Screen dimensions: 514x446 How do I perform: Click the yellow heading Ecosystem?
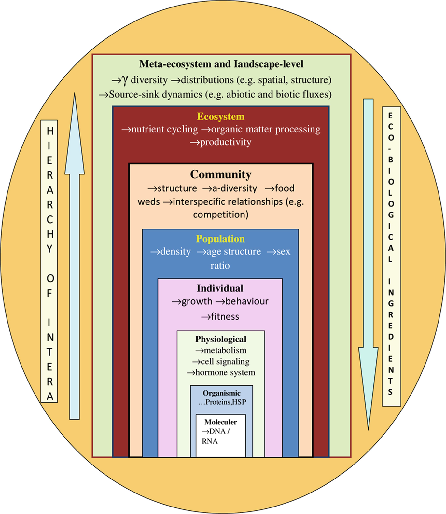[220, 117]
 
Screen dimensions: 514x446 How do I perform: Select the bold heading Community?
[220, 174]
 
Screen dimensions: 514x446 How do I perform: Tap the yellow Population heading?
[220, 239]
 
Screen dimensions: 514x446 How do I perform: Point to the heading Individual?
[220, 288]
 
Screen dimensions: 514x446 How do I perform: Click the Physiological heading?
[221, 339]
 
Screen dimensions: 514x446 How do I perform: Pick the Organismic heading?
[221, 393]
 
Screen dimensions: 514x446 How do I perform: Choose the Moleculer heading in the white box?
[220, 422]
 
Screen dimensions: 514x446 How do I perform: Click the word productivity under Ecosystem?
[225, 142]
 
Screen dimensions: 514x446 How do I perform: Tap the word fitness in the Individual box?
[225, 316]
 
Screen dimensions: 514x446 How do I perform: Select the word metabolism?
[225, 350]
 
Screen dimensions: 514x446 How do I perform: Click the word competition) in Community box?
[221, 215]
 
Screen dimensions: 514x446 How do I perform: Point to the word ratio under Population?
[220, 266]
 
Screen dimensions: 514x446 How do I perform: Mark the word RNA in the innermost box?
[210, 441]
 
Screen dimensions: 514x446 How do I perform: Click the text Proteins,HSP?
[226, 402]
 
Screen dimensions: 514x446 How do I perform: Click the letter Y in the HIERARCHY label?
[49, 249]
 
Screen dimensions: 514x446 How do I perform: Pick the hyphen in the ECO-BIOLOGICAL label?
[391, 149]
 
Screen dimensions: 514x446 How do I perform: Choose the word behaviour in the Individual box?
[247, 301]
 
